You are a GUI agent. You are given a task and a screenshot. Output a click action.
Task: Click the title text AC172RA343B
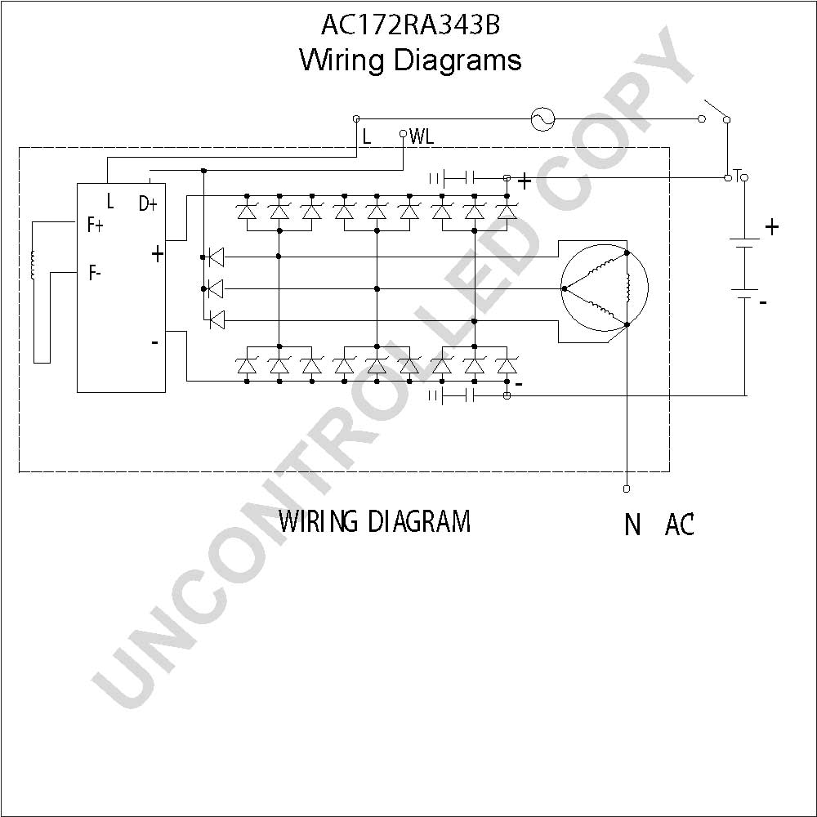[x=410, y=25]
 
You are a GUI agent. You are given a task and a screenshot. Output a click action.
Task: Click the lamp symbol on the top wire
[x=542, y=119]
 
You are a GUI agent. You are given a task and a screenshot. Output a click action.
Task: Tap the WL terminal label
[x=422, y=137]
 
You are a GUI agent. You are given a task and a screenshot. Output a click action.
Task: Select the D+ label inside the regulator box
[x=148, y=203]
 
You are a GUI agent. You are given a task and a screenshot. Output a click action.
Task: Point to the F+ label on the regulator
[x=96, y=225]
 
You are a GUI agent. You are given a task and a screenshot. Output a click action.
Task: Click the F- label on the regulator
[x=94, y=273]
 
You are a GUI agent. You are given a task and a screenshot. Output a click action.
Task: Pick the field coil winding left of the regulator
[x=33, y=266]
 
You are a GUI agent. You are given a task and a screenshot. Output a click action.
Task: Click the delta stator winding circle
[x=605, y=288]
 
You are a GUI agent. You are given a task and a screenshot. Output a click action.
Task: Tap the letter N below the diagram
[x=632, y=525]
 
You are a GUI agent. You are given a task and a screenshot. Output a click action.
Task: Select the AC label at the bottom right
[x=680, y=525]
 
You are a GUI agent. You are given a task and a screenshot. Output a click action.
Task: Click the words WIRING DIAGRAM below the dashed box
[x=375, y=521]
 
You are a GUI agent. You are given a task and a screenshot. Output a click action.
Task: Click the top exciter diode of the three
[x=215, y=257]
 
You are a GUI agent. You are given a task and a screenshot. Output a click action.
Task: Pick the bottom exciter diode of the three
[x=216, y=320]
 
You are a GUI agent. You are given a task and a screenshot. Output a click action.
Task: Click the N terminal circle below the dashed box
[x=627, y=489]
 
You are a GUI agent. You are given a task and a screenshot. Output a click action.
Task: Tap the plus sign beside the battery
[x=772, y=226]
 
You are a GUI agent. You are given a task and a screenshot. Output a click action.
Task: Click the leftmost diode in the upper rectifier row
[x=247, y=211]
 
